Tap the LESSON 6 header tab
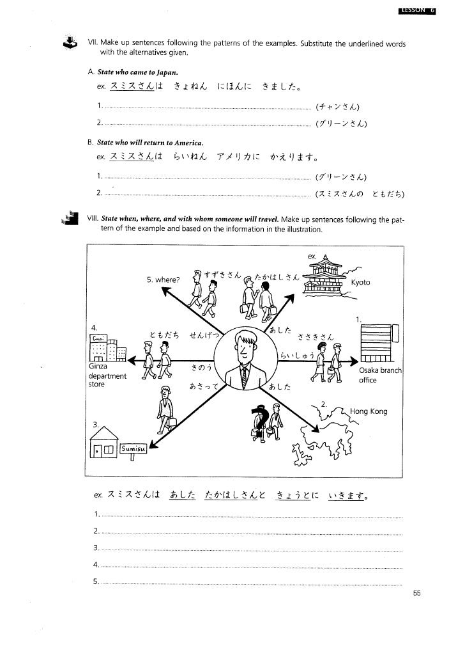416,10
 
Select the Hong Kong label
369,411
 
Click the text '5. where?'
163,280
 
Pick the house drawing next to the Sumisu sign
104,444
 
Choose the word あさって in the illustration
204,386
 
